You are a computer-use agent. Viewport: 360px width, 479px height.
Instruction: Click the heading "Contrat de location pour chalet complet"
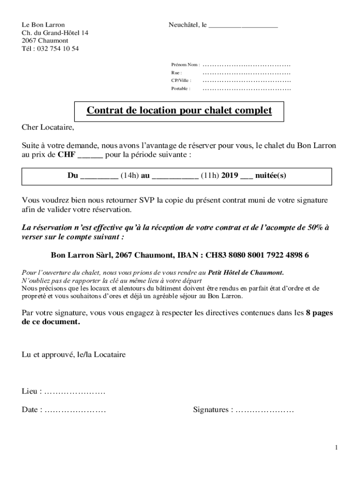pos(179,111)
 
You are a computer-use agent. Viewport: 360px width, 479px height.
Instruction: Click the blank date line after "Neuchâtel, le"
pos(243,26)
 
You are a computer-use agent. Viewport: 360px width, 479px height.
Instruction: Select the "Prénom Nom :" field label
pos(185,65)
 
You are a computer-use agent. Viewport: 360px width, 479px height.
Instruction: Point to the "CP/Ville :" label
pos(181,80)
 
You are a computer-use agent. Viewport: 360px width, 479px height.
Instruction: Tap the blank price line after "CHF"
pos(90,155)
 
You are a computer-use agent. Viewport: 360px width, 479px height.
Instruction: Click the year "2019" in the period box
pos(230,176)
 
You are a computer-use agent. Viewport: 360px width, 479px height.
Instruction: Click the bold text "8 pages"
pos(319,313)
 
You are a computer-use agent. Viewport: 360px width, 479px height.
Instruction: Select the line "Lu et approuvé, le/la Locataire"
pos(73,355)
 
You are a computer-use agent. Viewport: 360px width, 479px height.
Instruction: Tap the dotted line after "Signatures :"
pos(265,410)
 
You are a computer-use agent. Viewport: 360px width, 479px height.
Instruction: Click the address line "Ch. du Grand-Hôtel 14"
pos(55,33)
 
